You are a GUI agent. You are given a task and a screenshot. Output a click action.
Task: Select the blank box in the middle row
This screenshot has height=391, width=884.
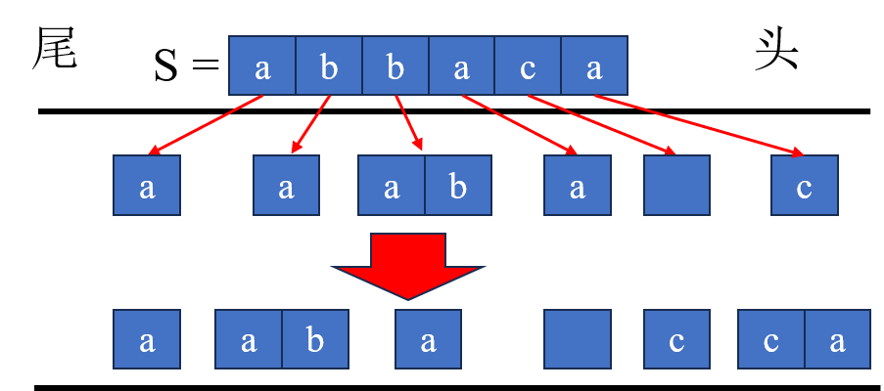pos(676,185)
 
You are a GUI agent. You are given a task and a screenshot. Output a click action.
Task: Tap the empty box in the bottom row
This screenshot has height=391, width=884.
pos(578,339)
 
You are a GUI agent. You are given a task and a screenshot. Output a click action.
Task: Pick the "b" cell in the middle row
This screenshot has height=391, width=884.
pos(457,185)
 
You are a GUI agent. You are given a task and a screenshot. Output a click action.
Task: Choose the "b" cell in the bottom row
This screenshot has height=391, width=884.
pos(314,339)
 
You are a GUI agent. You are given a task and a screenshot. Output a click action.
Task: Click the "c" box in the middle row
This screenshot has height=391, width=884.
pos(804,185)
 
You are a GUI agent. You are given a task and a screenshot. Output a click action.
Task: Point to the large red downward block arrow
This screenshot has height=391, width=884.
pos(407,264)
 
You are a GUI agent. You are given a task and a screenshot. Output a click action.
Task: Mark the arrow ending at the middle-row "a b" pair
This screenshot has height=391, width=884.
pos(409,123)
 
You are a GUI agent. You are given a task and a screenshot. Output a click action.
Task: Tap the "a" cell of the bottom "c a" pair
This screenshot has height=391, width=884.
pos(837,339)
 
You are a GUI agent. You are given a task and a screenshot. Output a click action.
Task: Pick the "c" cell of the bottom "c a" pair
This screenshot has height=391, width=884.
pos(771,339)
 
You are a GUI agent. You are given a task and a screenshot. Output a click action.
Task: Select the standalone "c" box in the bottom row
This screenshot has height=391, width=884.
pos(676,339)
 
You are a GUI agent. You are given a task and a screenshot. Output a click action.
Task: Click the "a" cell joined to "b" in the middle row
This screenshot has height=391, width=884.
pos(392,185)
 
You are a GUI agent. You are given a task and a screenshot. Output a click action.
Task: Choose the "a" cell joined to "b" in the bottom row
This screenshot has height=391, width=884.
pos(249,339)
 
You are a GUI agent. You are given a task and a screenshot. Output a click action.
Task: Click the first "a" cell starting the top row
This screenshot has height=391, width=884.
pos(262,66)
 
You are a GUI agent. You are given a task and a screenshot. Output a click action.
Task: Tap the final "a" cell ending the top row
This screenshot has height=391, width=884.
pos(594,66)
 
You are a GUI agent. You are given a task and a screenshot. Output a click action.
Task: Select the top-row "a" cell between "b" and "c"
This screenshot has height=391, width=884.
pos(462,66)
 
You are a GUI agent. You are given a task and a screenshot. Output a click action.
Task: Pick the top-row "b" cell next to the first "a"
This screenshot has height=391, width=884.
pos(329,66)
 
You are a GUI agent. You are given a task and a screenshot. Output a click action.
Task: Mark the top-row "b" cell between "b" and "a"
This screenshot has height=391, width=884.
pos(395,66)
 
